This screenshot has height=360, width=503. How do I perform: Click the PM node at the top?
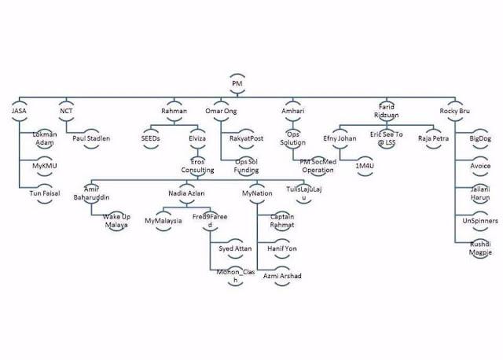point(237,83)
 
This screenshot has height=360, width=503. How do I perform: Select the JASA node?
point(20,112)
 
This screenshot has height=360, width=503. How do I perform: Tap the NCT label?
point(66,112)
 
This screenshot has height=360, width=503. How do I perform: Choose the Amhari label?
point(293,112)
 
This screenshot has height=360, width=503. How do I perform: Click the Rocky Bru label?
point(458,112)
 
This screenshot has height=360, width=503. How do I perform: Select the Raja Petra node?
point(433,138)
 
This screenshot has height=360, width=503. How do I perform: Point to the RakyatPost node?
point(255,138)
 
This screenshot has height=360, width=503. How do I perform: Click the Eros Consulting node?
point(196,165)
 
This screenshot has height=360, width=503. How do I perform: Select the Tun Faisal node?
point(44,193)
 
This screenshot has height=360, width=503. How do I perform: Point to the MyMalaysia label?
point(163,221)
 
